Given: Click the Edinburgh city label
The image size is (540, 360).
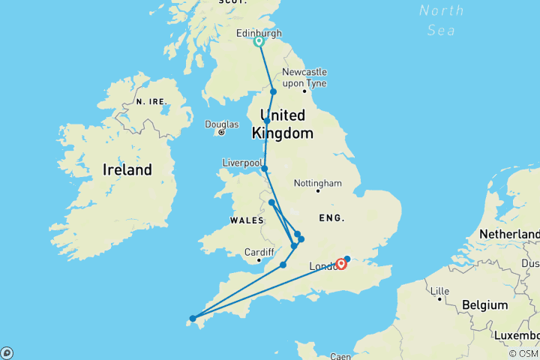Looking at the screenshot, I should coord(259,33).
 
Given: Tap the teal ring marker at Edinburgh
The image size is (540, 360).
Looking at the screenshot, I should coord(259,42).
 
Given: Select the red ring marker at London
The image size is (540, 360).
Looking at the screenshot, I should coord(341,264).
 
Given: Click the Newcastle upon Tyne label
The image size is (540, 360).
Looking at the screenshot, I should coord(304,77).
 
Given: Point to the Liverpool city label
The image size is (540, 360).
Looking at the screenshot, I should coord(241,163).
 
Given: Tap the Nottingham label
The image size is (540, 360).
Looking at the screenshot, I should coord(318,183).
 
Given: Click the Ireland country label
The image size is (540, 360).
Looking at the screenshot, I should coord(127,169).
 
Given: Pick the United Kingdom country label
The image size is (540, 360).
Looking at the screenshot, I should coord(282,124).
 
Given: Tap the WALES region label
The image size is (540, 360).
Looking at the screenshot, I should coord(246,220).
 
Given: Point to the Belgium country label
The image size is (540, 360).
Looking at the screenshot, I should coord(485,307).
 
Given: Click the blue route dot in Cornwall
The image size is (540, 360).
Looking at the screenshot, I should coord(193,319).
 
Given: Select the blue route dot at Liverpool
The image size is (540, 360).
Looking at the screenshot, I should coord(265,169).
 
